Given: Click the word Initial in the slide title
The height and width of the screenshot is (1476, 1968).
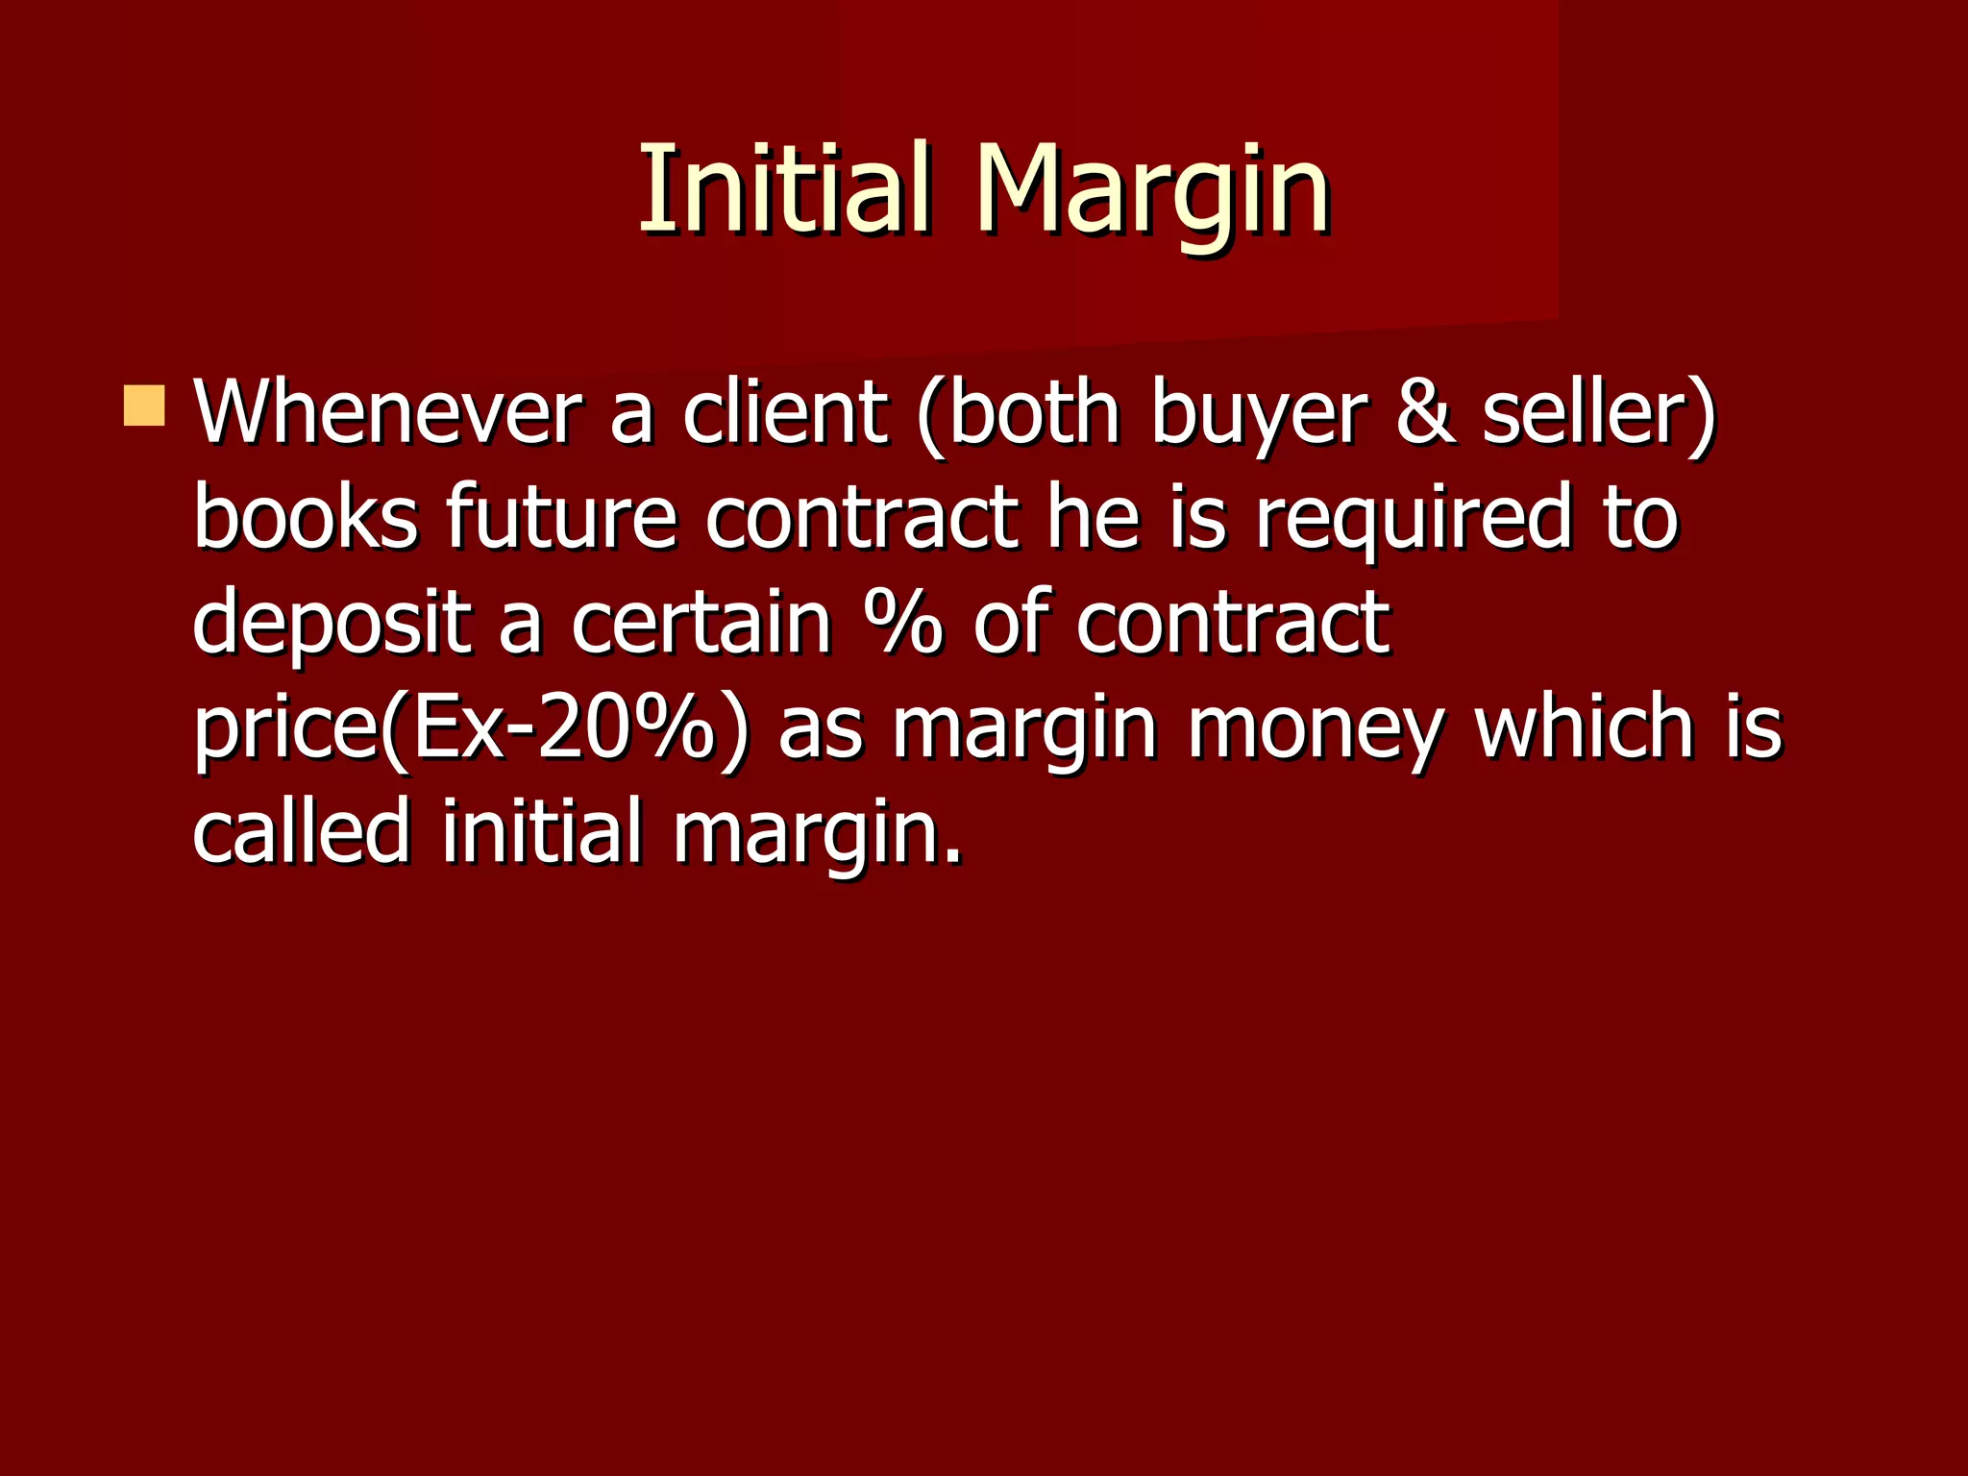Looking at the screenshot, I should (784, 189).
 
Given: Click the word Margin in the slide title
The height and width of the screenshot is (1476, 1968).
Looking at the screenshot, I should (1152, 189).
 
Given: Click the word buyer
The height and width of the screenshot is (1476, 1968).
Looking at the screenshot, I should (1258, 415).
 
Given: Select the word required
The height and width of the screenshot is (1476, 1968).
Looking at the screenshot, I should (1414, 519).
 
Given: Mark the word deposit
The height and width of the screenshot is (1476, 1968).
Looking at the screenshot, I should (332, 622).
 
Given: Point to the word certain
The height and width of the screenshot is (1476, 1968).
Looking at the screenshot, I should (701, 622).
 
